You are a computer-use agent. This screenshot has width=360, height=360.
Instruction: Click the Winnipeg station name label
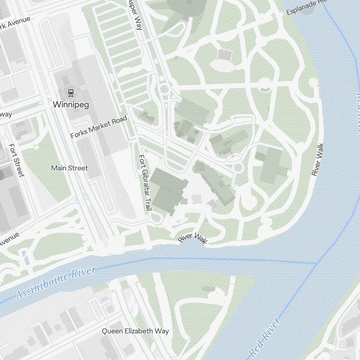(71, 104)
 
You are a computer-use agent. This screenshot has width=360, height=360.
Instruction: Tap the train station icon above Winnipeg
(71, 93)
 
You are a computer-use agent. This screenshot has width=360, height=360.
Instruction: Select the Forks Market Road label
(99, 127)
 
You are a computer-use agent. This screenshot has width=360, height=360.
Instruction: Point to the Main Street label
(69, 168)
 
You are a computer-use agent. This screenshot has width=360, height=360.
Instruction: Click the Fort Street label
(17, 160)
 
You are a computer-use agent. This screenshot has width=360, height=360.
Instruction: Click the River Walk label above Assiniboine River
(193, 238)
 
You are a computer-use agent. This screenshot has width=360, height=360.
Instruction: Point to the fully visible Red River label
(265, 337)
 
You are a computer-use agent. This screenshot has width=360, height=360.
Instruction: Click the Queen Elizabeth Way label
(135, 331)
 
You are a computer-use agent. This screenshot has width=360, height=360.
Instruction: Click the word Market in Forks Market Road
(99, 127)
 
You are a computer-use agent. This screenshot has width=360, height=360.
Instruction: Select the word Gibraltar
(144, 183)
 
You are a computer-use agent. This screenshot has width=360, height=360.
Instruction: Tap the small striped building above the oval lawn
(225, 55)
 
